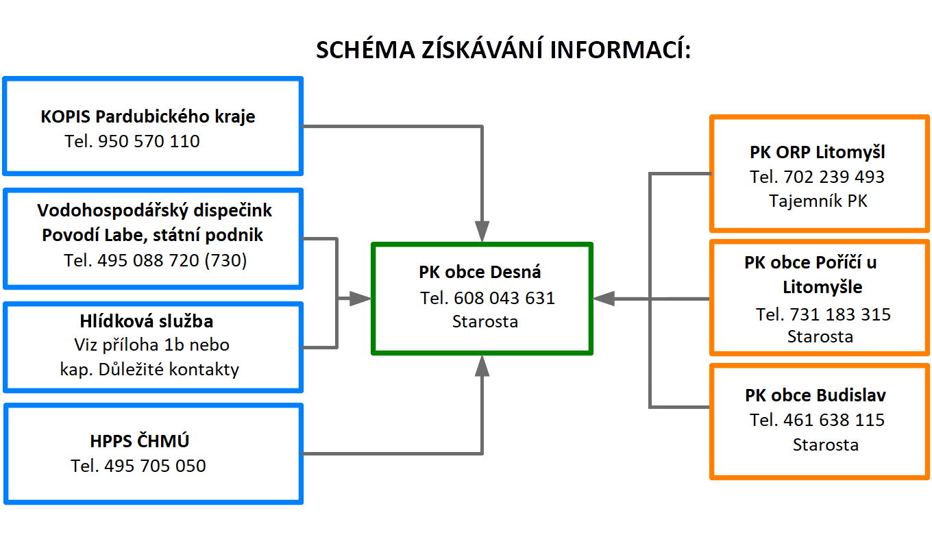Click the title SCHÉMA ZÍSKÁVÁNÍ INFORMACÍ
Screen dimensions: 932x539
(x=504, y=49)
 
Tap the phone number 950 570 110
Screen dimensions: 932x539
(x=149, y=141)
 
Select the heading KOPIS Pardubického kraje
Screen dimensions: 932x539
(x=148, y=116)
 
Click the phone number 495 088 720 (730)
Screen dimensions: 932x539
(x=172, y=261)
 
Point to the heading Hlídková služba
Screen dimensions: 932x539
(x=147, y=321)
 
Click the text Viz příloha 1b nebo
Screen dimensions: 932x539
(x=151, y=345)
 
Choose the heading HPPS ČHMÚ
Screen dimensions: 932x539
(x=140, y=441)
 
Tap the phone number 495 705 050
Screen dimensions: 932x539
(x=155, y=466)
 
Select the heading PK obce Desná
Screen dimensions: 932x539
(x=480, y=272)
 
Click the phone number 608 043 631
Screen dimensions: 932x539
(x=504, y=298)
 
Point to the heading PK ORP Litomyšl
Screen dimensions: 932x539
(x=817, y=152)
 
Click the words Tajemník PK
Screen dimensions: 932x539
(x=818, y=201)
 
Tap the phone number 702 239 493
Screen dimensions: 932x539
(x=834, y=177)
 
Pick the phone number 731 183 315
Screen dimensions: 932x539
(x=840, y=314)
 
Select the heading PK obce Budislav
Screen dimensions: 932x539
(x=815, y=395)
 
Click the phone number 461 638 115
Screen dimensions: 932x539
(x=834, y=420)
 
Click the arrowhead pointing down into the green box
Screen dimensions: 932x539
(x=482, y=231)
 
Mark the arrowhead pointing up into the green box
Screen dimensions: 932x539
(x=482, y=366)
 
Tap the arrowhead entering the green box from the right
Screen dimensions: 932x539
(x=603, y=299)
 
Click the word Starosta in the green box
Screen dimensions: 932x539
(x=485, y=321)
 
